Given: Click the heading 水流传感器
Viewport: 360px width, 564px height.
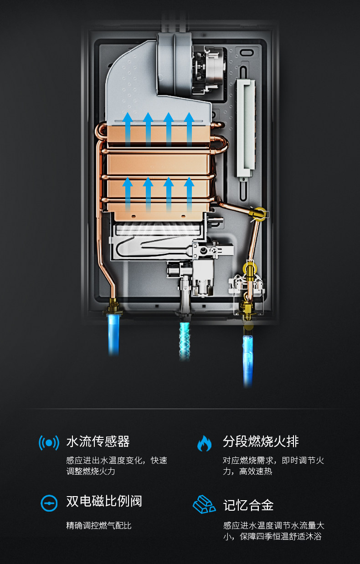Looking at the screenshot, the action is [98, 441].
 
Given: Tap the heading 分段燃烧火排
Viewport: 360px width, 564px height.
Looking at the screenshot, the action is [261, 441].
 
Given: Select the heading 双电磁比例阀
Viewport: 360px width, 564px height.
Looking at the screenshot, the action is [104, 502].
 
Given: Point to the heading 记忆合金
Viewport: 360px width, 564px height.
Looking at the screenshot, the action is [248, 505].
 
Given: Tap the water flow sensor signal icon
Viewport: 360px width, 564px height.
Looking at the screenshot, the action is [49, 442].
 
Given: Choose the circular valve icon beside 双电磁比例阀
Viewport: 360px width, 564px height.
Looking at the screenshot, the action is [49, 502].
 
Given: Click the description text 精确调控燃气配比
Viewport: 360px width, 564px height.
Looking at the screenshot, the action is [99, 525].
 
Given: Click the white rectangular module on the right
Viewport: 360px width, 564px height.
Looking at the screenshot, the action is [245, 129].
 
